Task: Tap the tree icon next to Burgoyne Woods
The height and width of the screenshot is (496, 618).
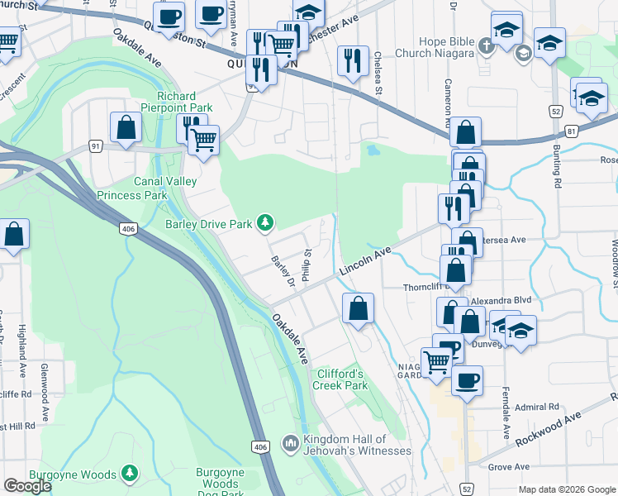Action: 130,474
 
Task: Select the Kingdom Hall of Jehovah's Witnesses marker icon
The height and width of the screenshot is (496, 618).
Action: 290,444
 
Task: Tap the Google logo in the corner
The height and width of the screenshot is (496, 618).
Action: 27,486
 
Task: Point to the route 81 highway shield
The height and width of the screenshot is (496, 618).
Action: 573,130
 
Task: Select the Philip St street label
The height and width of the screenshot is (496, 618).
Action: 307,265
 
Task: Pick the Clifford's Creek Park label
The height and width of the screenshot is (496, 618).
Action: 341,379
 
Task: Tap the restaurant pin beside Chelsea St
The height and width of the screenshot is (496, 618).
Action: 353,60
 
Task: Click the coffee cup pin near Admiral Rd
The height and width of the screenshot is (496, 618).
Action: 467,379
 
